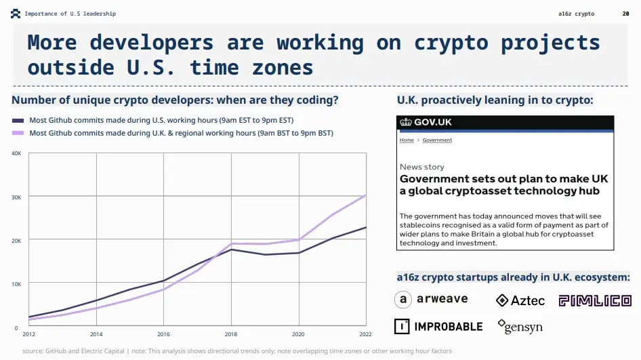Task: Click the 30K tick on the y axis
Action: tap(17, 197)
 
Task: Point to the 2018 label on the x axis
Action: tap(231, 334)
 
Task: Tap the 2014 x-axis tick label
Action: tap(96, 334)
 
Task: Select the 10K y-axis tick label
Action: tap(17, 283)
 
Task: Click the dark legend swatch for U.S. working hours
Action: tap(18, 120)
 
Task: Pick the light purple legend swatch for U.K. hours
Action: tap(18, 134)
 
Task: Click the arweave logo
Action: tap(431, 300)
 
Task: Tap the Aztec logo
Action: tap(520, 300)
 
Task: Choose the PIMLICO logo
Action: tap(595, 300)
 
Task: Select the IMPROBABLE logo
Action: tap(438, 326)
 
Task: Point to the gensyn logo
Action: tap(520, 327)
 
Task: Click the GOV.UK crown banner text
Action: tap(426, 123)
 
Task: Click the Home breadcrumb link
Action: tap(407, 140)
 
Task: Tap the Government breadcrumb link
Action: tap(437, 140)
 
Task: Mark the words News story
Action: tap(422, 167)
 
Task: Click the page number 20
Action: tap(625, 14)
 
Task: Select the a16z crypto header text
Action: tap(576, 14)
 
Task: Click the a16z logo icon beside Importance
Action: tap(16, 14)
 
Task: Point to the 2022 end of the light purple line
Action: tap(366, 195)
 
